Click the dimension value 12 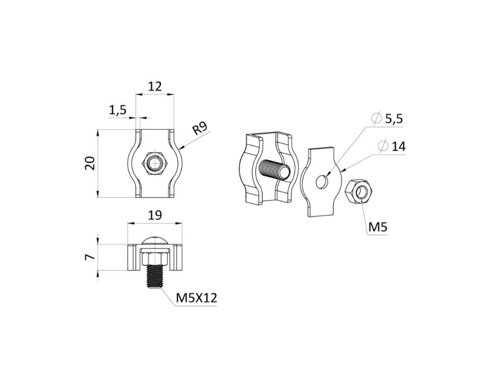(x=155, y=87)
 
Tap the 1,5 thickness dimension (x=117, y=110)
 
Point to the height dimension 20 (x=90, y=163)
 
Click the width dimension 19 (x=154, y=215)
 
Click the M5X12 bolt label (x=197, y=298)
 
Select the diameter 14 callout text (x=398, y=146)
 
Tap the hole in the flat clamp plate (x=322, y=182)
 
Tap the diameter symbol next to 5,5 (x=376, y=118)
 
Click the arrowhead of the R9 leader (x=181, y=147)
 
